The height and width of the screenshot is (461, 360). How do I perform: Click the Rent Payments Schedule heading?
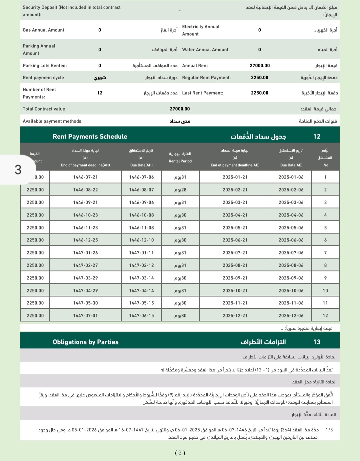pos(90,137)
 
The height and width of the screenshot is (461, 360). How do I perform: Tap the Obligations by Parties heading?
pos(86,342)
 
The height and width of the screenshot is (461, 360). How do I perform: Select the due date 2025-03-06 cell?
pos(291,203)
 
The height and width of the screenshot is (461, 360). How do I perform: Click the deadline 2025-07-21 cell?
pos(235,253)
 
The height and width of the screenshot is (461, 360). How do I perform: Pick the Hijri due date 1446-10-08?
pos(141,215)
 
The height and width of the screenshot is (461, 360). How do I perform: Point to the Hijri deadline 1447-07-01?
pos(85,316)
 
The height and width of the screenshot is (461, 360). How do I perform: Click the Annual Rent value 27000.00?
pos(260,66)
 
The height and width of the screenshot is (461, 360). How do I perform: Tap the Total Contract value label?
pos(44,109)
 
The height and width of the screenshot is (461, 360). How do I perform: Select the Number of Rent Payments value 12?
pos(100,93)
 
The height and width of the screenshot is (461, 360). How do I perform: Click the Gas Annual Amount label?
pos(43,30)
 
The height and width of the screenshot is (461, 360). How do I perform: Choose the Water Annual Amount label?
pos(205,50)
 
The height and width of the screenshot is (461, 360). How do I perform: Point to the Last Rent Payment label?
pos(202,93)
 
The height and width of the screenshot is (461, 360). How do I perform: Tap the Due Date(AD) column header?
pos(291,165)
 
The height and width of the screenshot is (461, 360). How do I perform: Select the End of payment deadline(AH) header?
pos(85,165)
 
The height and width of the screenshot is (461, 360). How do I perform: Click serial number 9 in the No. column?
pos(325,278)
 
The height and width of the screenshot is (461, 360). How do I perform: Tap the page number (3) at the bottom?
pos(180,453)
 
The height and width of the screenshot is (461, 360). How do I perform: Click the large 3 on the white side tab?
pos(18,170)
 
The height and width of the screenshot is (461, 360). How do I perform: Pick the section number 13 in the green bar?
pos(317,342)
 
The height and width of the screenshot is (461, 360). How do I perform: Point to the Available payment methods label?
pos(52,121)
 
